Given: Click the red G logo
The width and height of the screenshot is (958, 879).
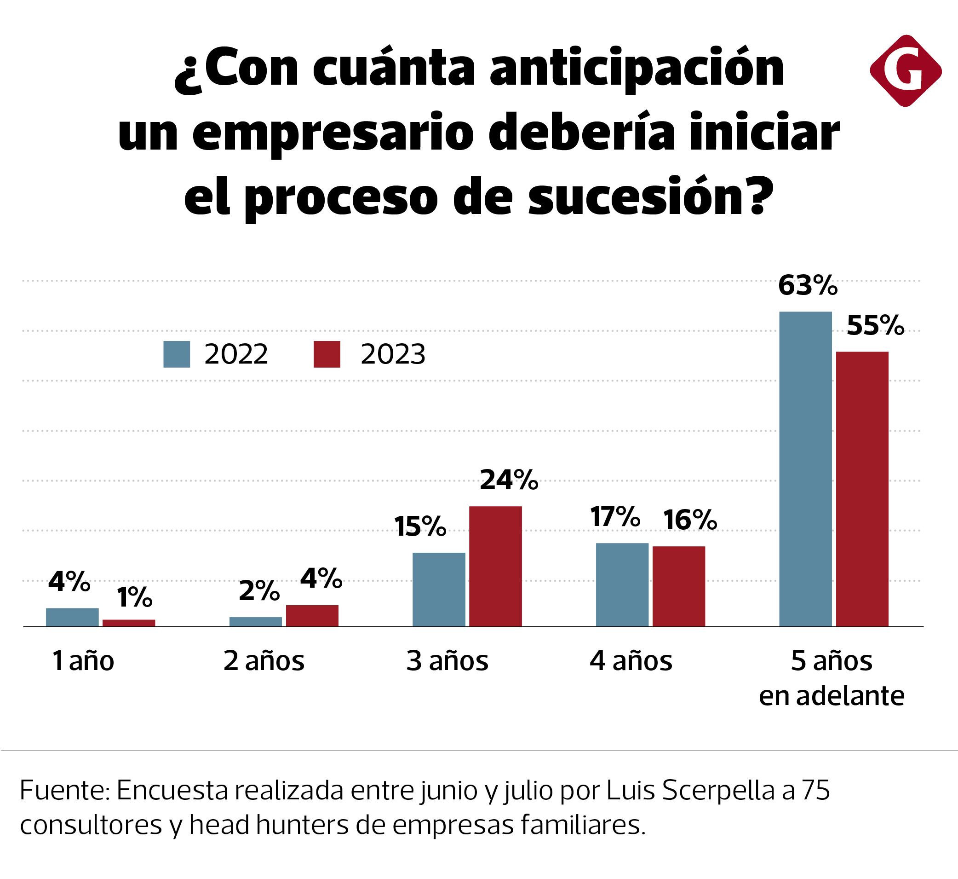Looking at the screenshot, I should pos(905,70).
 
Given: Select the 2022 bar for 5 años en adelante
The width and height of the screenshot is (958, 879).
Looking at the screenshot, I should pos(805,469).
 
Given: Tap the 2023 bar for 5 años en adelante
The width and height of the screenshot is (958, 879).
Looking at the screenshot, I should pos(862,489).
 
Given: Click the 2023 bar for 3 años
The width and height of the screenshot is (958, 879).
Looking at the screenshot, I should pos(495,566).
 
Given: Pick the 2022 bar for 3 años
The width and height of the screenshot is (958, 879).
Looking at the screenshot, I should pos(439,590).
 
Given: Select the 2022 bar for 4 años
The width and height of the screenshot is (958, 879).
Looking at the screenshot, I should pos(622,584).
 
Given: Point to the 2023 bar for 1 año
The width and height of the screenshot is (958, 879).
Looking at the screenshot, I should pos(129,623).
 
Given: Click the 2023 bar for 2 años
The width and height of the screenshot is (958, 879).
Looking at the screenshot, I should pos(312,615).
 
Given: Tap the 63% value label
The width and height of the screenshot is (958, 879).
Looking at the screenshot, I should pos(807,286).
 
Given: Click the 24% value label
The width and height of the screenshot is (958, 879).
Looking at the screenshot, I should pos(509,480).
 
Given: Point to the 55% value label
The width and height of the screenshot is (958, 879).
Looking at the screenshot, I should pos(875,326).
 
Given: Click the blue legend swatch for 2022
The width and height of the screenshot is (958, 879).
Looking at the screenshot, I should pos(177,354).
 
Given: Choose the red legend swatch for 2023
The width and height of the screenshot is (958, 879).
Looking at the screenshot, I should pos(327,354).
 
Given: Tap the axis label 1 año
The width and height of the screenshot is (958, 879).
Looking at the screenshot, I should pos(83,661).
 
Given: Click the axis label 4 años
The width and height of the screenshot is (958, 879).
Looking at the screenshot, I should pos(631,661).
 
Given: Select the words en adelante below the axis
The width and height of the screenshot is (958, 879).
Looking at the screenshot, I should pos(831,696).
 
